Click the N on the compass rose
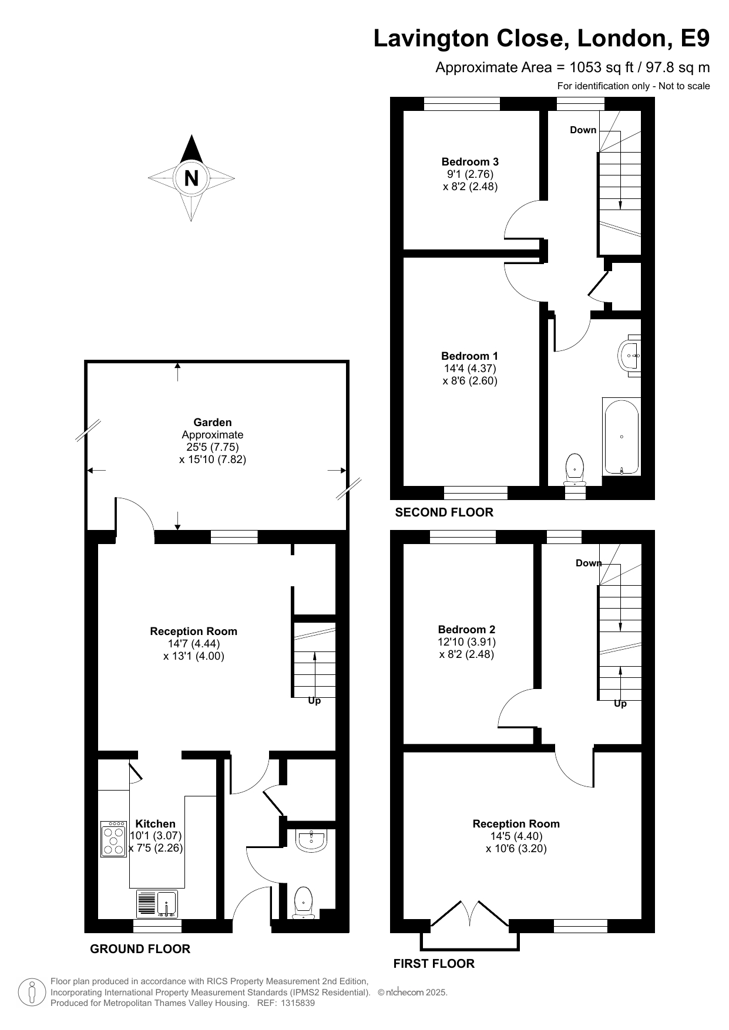pos(192,178)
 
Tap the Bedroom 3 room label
pos(470,161)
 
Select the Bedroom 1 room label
pos(469,356)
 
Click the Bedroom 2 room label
pos(466,629)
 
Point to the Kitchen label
pos(156,823)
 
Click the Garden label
pos(213,422)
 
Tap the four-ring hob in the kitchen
pos(114,839)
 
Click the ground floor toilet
pos(303,903)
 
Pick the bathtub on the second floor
pos(622,436)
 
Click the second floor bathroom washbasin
pos(630,355)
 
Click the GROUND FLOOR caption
pos(140,949)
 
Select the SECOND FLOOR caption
pos(444,512)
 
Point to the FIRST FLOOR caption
pos(434,964)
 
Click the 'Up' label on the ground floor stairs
pos(314,701)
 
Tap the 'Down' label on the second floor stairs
pos(583,130)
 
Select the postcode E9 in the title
pos(695,39)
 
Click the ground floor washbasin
pos(311,840)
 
